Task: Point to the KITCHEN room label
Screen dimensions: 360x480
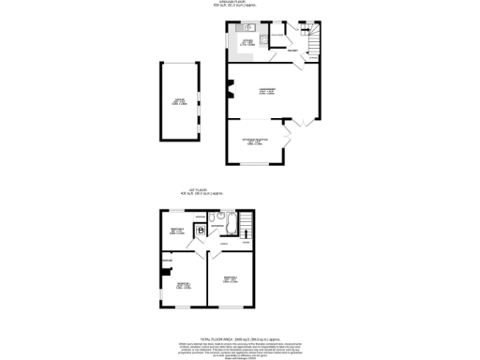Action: (x=247, y=42)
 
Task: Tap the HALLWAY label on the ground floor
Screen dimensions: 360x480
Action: (x=293, y=52)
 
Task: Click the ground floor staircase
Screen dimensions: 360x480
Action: (x=310, y=39)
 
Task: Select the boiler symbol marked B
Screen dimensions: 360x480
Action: (x=199, y=230)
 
